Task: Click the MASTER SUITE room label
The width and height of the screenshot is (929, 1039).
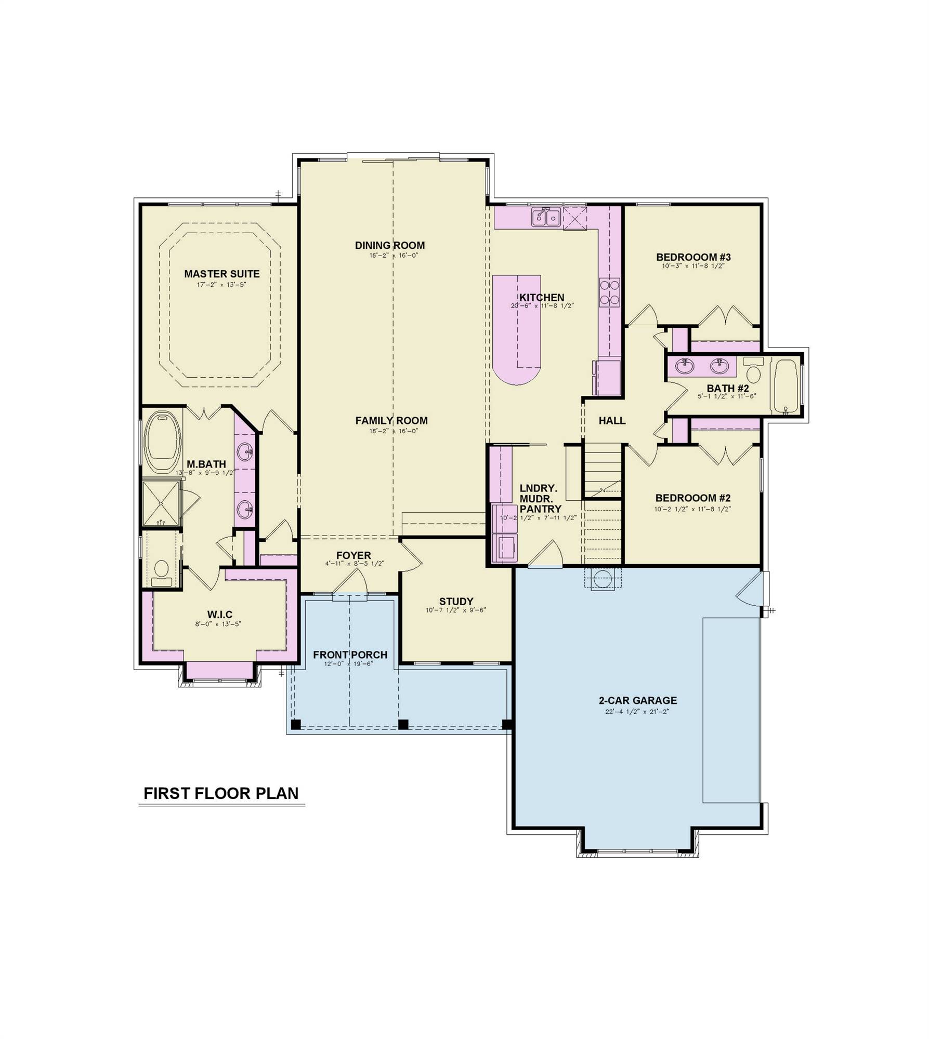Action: pyautogui.click(x=221, y=274)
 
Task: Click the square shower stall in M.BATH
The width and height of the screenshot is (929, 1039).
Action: pyautogui.click(x=161, y=503)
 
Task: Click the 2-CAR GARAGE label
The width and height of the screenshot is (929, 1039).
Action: pyautogui.click(x=637, y=700)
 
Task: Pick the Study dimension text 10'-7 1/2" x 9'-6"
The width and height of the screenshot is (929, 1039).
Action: pyautogui.click(x=455, y=610)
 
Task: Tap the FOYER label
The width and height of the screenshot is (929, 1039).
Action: pyautogui.click(x=354, y=555)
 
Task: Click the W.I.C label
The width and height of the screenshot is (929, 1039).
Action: pyautogui.click(x=219, y=615)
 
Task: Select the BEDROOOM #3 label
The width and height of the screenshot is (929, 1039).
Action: pyautogui.click(x=693, y=257)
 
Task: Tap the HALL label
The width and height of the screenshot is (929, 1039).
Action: pyautogui.click(x=611, y=421)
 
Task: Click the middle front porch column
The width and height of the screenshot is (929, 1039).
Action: pyautogui.click(x=403, y=724)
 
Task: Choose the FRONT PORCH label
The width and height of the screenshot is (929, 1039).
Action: pyautogui.click(x=350, y=655)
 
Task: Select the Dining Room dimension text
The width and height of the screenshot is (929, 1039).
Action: pyautogui.click(x=389, y=256)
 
